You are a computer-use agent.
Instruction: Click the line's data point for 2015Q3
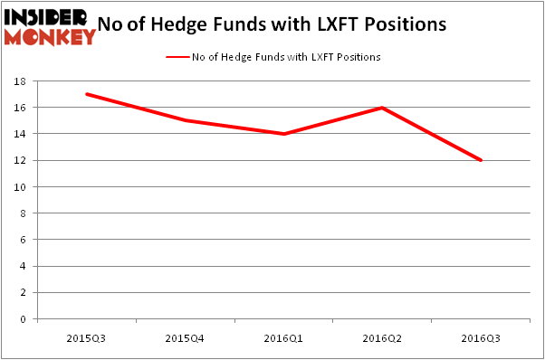pyautogui.click(x=87, y=94)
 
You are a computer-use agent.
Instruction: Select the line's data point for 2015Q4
pyautogui.click(x=186, y=120)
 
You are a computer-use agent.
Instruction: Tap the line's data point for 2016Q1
pyautogui.click(x=284, y=134)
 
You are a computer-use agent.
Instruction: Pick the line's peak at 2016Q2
pyautogui.click(x=383, y=108)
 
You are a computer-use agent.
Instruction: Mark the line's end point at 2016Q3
pyautogui.click(x=482, y=160)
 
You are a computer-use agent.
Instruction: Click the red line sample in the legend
pyautogui.click(x=177, y=57)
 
